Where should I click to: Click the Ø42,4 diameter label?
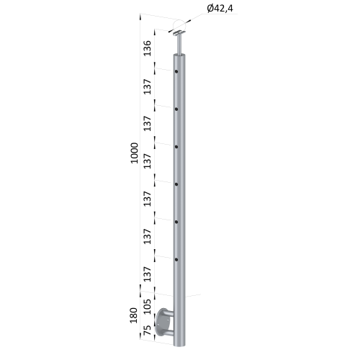[220, 9]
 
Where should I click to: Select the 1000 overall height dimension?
[135, 153]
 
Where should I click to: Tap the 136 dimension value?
[147, 48]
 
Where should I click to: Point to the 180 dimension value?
[133, 315]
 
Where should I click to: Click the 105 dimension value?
[147, 307]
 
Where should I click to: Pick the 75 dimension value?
[147, 330]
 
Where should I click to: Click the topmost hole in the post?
[176, 71]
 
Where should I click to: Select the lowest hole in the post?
[176, 260]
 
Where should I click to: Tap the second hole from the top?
[176, 109]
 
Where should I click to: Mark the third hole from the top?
[176, 147]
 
